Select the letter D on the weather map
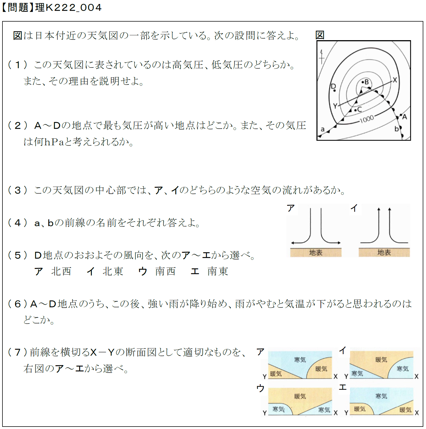pos(333,86)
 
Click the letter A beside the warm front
pos(405,117)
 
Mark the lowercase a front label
pos(323,129)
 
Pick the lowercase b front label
pos(396,129)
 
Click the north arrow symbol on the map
pos(322,57)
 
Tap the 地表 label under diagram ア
pos(316,253)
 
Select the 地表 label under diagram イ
pos(384,252)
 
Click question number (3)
pos(17,190)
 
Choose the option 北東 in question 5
pos(113,271)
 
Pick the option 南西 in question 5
pos(165,271)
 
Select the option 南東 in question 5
pos(218,271)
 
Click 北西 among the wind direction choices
pos(61,271)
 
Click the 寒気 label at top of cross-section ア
pos(300,360)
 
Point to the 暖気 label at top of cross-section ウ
pos(300,396)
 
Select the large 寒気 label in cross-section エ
pos(381,396)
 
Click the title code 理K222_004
pos(68,7)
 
